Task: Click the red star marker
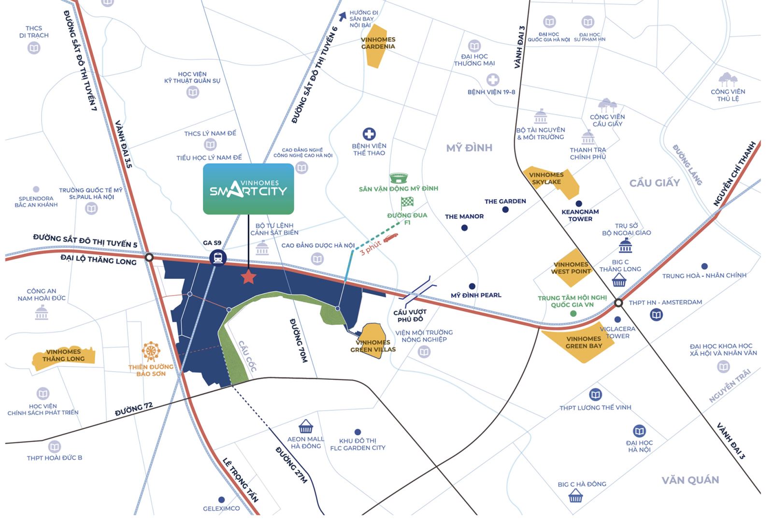click(248, 277)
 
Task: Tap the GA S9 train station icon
click(218, 257)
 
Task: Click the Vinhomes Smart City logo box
click(248, 189)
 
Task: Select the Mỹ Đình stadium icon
click(399, 178)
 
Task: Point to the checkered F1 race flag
click(407, 202)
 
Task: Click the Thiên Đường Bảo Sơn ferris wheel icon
click(151, 352)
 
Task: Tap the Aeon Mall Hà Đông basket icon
click(305, 427)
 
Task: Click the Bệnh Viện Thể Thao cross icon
click(369, 134)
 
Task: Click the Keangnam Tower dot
click(579, 203)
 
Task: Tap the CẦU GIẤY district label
click(654, 183)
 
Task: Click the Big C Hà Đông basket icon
click(575, 496)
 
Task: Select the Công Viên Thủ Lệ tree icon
click(728, 79)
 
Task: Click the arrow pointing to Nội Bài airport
click(343, 17)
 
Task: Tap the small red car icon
click(390, 237)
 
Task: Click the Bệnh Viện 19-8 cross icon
click(492, 80)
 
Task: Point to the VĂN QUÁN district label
click(690, 480)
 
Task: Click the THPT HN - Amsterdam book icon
click(656, 315)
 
